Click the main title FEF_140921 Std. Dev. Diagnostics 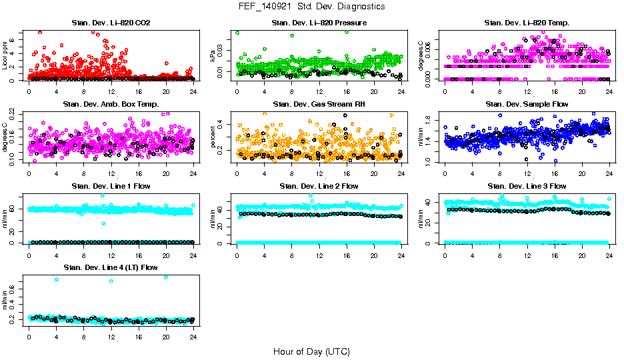click(x=311, y=7)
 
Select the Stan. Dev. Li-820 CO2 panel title click(x=111, y=23)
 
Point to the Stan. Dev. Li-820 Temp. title click(x=527, y=23)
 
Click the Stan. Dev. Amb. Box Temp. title click(x=111, y=105)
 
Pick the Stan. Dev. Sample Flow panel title click(x=527, y=105)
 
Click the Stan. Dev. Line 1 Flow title click(x=111, y=186)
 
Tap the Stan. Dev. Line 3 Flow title click(x=527, y=186)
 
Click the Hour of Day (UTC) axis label click(x=311, y=351)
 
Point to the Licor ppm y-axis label click(x=5, y=55)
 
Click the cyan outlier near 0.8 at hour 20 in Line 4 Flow click(x=166, y=277)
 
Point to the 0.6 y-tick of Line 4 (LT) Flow click(x=15, y=291)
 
